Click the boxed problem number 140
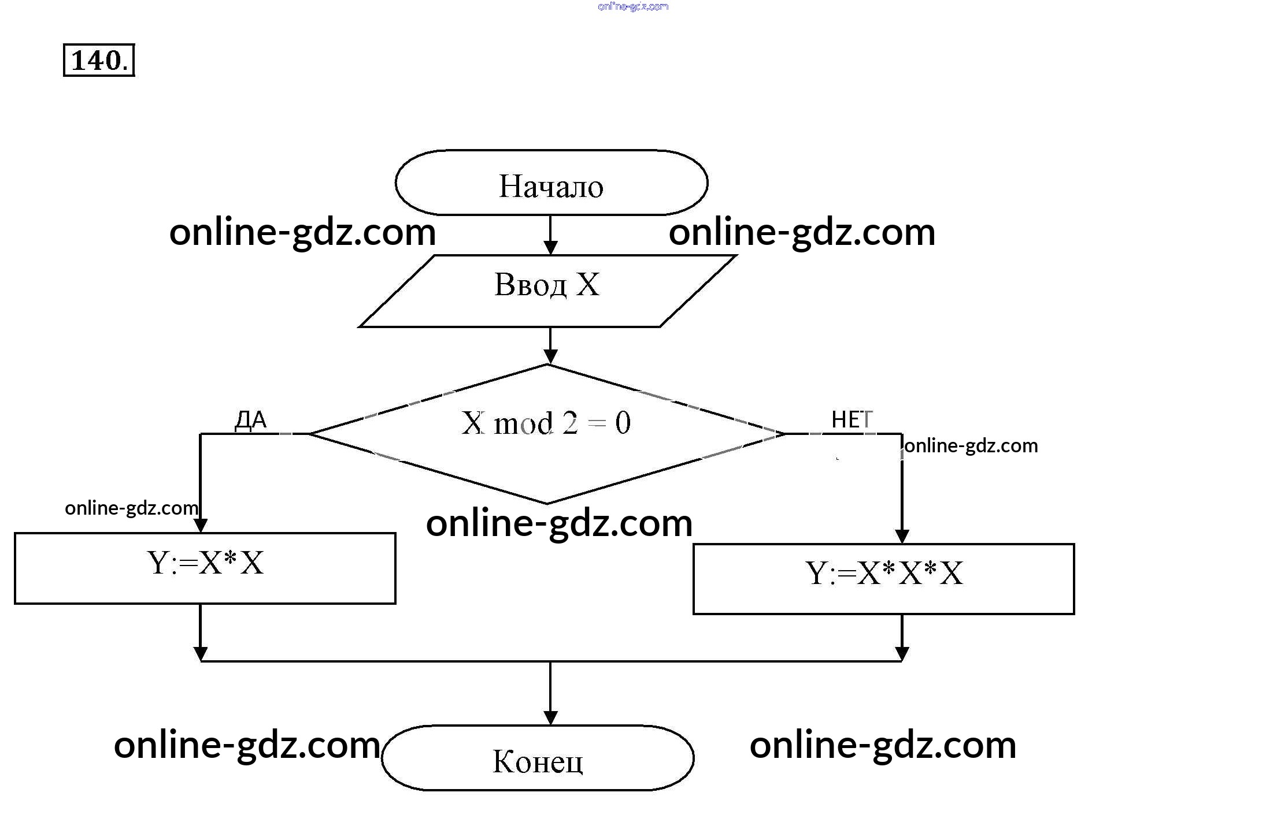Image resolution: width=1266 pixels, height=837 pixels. pyautogui.click(x=99, y=60)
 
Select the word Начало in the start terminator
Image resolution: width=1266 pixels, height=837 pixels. pyautogui.click(x=551, y=186)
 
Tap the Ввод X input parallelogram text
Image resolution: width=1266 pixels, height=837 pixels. pyautogui.click(x=547, y=285)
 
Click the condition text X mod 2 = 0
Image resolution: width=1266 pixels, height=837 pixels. pyautogui.click(x=546, y=423)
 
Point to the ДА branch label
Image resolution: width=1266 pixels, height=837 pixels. pyautogui.click(x=251, y=420)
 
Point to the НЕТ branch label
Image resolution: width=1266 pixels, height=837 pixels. pyautogui.click(x=852, y=420)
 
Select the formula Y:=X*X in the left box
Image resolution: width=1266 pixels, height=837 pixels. pyautogui.click(x=205, y=563)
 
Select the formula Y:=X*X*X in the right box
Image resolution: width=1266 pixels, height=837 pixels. pyautogui.click(x=884, y=574)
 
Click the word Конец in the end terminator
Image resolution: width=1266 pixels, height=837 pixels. pyautogui.click(x=538, y=761)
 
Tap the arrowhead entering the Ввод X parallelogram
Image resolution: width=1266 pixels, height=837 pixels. pyautogui.click(x=550, y=248)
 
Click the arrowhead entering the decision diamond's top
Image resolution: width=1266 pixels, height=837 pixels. pyautogui.click(x=550, y=356)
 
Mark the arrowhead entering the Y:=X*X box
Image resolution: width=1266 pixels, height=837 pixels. pyautogui.click(x=201, y=525)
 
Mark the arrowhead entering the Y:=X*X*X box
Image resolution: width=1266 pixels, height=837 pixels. pyautogui.click(x=902, y=536)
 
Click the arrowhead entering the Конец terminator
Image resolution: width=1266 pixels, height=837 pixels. pyautogui.click(x=550, y=718)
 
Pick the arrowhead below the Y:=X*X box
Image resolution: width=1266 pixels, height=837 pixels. pyautogui.click(x=201, y=653)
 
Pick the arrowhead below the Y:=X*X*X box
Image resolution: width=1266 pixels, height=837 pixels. pyautogui.click(x=902, y=653)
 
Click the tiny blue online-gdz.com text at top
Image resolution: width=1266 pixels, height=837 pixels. pyautogui.click(x=633, y=6)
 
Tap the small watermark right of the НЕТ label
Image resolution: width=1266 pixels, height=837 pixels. pyautogui.click(x=971, y=445)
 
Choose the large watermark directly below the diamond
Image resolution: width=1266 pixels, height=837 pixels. pyautogui.click(x=559, y=523)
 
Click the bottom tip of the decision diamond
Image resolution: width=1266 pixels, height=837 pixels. pyautogui.click(x=547, y=503)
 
